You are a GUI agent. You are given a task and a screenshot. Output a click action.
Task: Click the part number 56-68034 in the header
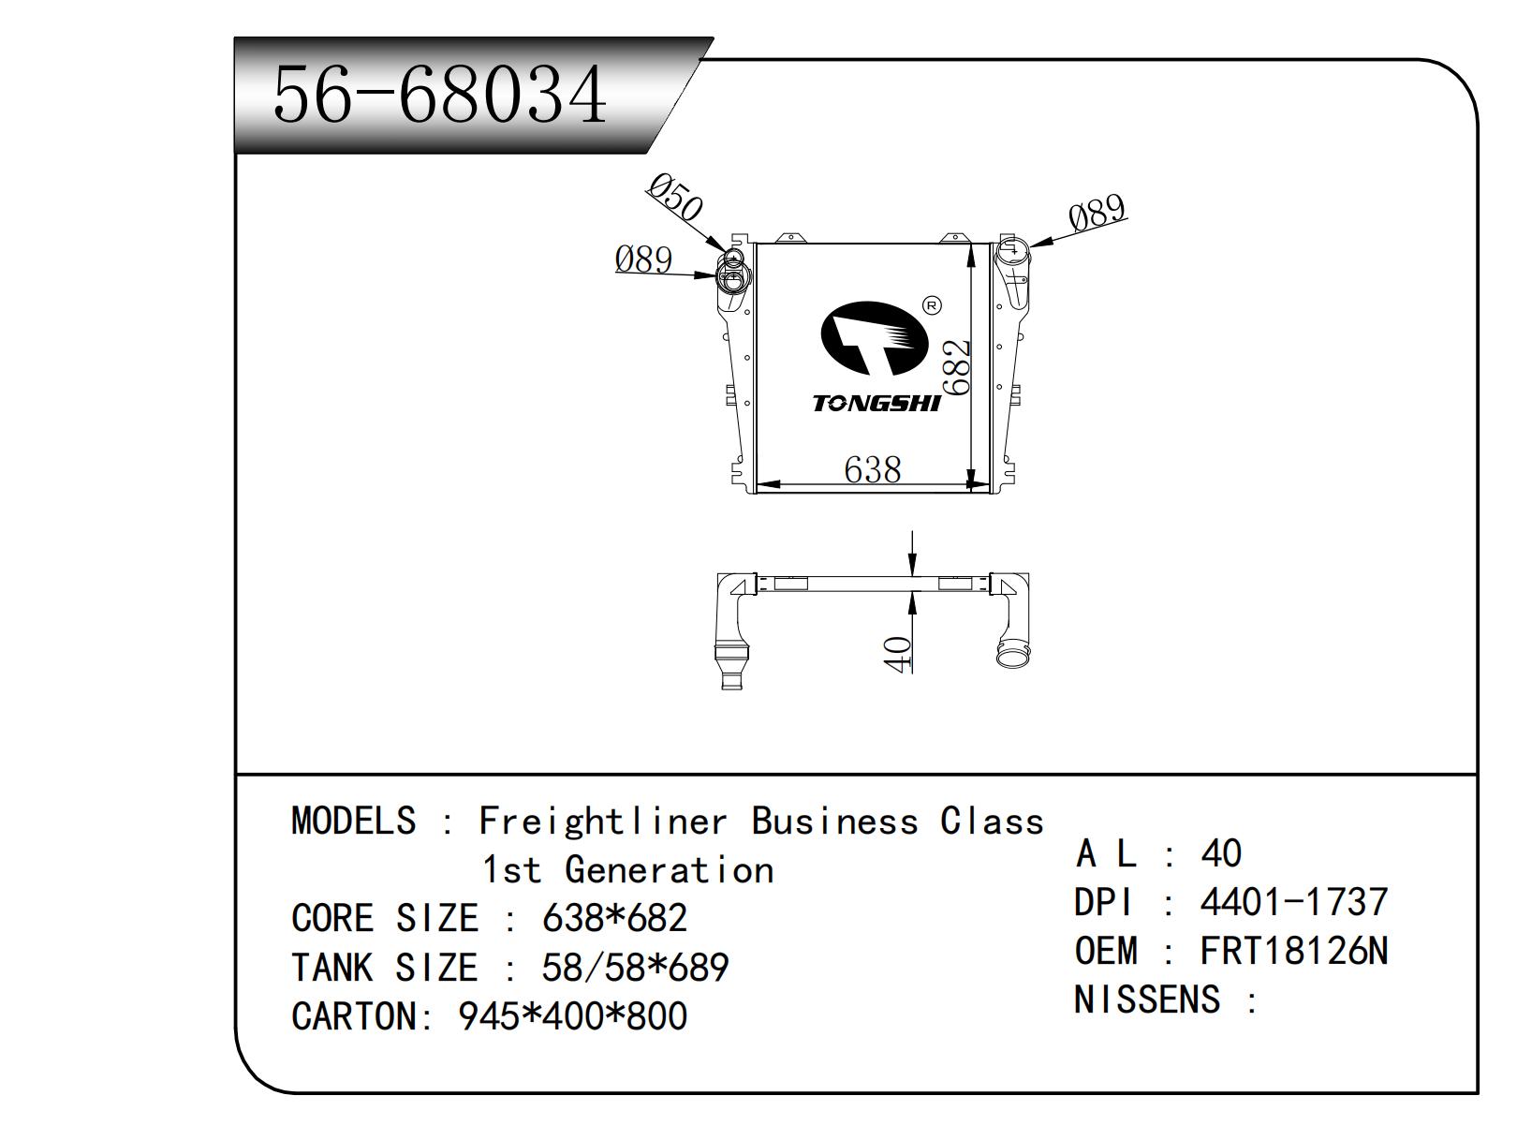440,95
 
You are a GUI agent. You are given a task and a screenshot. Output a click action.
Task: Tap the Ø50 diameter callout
673,198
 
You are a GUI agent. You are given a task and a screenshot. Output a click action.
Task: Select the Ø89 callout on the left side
644,259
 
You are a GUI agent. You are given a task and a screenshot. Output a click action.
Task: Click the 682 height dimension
955,367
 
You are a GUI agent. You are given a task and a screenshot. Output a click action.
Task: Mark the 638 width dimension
872,469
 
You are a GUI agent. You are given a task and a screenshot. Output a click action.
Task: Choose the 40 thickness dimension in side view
897,653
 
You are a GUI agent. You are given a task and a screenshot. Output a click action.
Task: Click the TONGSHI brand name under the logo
876,404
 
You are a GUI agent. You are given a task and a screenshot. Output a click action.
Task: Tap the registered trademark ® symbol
931,305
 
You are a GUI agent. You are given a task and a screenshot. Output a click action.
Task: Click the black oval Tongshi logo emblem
873,340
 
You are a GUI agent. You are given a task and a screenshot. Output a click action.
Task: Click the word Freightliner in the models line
602,822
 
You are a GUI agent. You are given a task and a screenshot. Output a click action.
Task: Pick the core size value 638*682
614,918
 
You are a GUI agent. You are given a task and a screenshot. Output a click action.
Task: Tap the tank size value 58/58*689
635,967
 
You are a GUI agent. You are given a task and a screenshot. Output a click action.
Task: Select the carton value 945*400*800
572,1016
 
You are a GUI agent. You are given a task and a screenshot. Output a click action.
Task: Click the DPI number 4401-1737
1293,902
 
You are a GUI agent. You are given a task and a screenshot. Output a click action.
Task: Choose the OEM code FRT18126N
1293,951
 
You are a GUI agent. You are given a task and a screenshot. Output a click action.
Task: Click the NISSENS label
1147,999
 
